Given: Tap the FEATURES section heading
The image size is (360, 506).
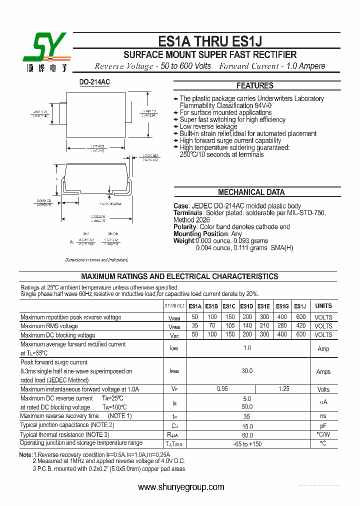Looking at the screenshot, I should (x=255, y=85).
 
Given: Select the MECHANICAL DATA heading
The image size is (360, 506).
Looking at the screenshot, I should (x=251, y=192).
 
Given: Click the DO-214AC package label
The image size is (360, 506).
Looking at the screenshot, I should (x=94, y=81).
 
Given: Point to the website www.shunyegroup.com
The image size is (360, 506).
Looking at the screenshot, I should (x=181, y=487).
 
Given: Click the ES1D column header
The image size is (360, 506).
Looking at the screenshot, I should (x=246, y=306).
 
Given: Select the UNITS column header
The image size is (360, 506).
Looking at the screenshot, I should (x=323, y=306).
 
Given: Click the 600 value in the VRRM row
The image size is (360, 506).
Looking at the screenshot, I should (x=300, y=317).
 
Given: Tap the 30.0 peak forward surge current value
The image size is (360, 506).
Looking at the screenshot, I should (x=247, y=371).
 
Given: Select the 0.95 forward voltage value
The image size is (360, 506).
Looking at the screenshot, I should (x=222, y=389).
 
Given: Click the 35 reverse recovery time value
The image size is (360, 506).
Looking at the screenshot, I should (x=247, y=416).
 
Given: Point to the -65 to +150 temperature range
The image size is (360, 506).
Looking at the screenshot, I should (x=247, y=444).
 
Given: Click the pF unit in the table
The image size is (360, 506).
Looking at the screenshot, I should (x=323, y=425).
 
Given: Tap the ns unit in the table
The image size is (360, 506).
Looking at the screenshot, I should (x=323, y=416).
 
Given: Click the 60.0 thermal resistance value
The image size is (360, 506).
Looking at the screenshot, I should (x=247, y=434).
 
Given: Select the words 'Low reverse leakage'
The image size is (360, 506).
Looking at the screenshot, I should (x=208, y=127).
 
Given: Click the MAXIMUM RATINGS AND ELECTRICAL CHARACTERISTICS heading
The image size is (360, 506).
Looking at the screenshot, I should (x=179, y=276).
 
